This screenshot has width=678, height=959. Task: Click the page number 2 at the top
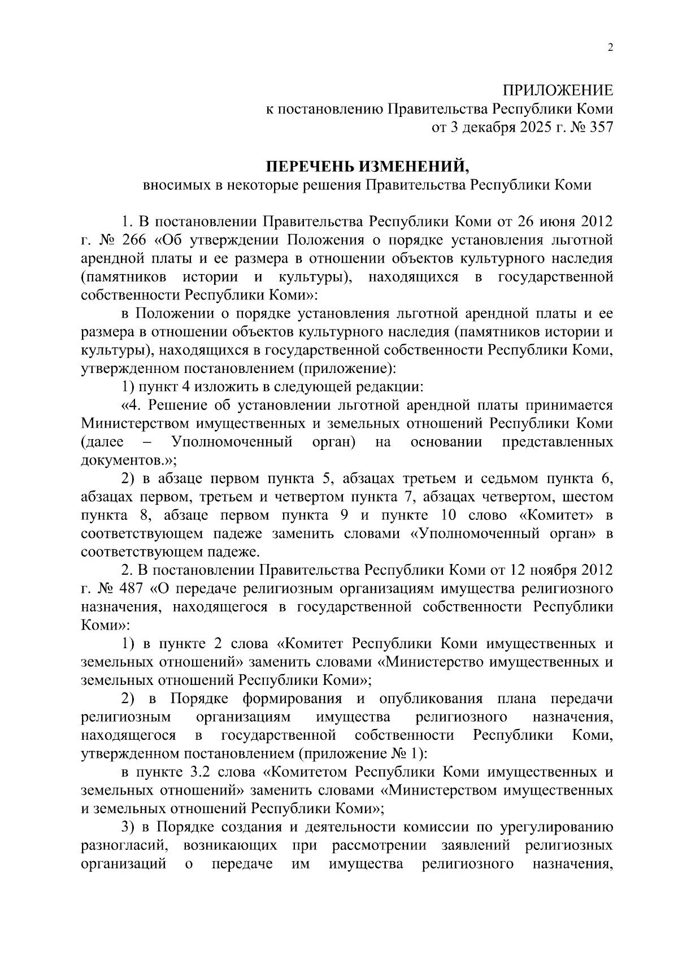(610, 48)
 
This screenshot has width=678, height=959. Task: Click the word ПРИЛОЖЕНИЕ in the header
(558, 90)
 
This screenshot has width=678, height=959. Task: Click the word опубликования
(431, 699)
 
